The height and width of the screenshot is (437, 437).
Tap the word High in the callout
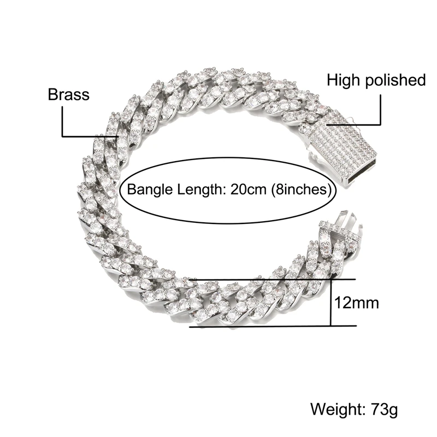click(344, 80)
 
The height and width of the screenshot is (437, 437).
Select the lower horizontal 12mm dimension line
click(273, 327)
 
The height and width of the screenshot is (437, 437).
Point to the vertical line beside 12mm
click(332, 303)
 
